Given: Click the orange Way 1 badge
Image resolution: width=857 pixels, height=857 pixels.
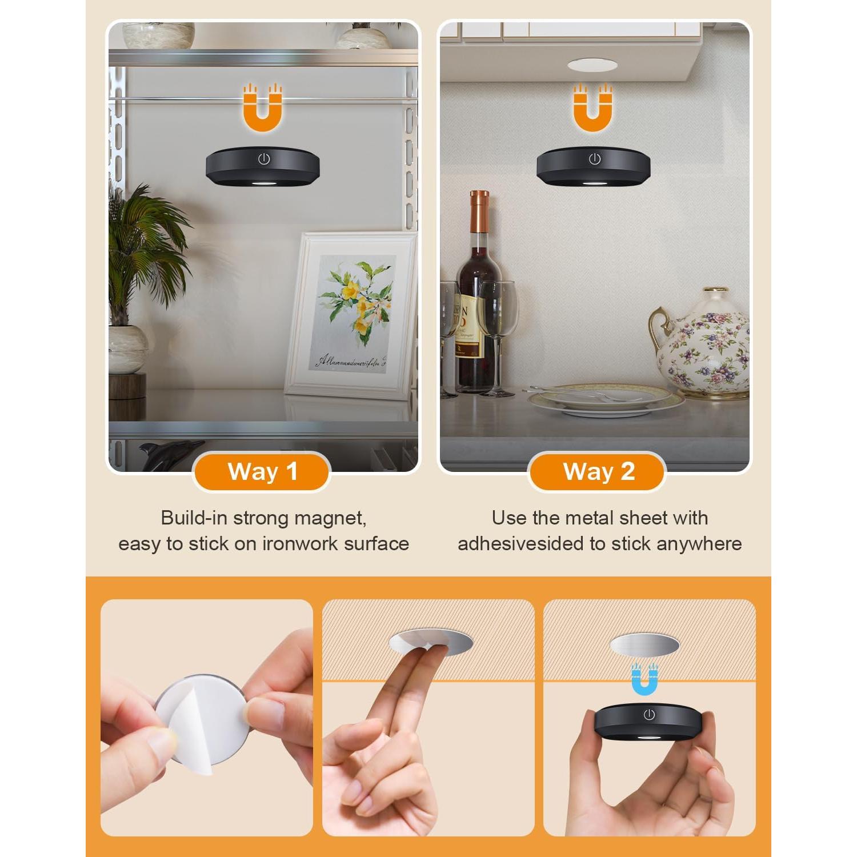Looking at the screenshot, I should (x=262, y=472).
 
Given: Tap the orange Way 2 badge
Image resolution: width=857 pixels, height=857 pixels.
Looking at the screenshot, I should (x=598, y=472).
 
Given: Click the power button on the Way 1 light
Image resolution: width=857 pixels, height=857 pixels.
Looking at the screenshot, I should (x=263, y=159).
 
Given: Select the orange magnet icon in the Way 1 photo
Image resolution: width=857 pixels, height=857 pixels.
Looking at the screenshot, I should (x=263, y=109).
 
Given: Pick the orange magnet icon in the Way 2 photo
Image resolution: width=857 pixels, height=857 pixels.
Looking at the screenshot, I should (x=593, y=109).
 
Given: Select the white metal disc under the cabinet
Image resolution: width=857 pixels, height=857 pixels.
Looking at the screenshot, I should (x=592, y=65).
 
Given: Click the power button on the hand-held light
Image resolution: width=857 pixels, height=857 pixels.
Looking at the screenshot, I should (x=648, y=715).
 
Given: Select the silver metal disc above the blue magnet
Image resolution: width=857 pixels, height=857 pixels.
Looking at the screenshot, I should (x=644, y=645).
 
